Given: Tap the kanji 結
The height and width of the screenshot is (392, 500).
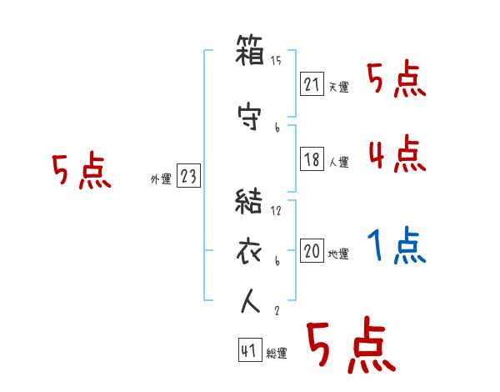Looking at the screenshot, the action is point(251,202).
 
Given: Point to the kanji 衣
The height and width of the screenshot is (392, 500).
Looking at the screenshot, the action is point(251,251).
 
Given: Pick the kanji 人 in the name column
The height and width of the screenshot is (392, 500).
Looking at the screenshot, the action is point(251,302).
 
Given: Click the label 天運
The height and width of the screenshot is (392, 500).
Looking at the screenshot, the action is point(338,87).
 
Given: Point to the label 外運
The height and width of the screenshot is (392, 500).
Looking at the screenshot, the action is point(161,178).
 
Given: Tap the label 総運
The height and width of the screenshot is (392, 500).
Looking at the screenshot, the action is point(276,354).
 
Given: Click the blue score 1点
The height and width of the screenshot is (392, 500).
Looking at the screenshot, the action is point(397,246).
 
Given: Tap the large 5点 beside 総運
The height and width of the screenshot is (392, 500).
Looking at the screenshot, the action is point(349,347).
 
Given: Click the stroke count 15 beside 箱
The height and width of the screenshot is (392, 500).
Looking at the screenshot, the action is point(277,61).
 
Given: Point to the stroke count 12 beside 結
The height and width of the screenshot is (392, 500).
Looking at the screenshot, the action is point(277,210).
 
